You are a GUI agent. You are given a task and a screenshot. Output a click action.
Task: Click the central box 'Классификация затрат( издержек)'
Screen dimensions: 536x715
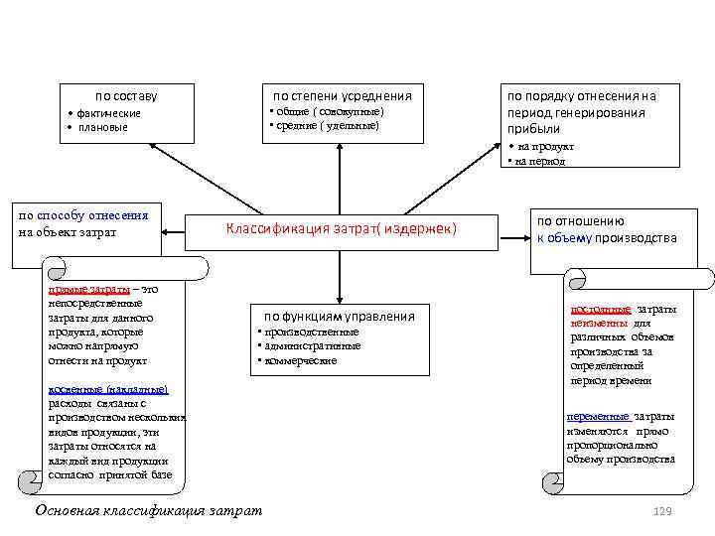click(341, 229)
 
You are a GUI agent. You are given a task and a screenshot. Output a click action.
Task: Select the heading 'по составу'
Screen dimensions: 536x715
click(125, 96)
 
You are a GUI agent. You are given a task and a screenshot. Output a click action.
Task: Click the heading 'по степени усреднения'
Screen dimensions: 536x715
click(342, 95)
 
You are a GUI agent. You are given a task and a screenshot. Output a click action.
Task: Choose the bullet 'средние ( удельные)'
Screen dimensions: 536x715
click(328, 125)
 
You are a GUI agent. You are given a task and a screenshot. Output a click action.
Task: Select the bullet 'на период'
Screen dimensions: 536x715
click(540, 161)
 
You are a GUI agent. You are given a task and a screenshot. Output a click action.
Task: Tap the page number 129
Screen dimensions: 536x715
click(662, 510)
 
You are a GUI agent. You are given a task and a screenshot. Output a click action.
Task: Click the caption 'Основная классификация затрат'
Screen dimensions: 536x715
click(149, 510)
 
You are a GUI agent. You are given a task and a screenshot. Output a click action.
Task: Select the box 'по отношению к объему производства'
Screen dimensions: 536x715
click(605, 230)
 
